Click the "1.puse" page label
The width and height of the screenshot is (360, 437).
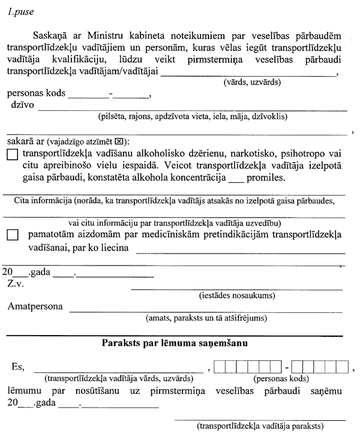click(x=19, y=10)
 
